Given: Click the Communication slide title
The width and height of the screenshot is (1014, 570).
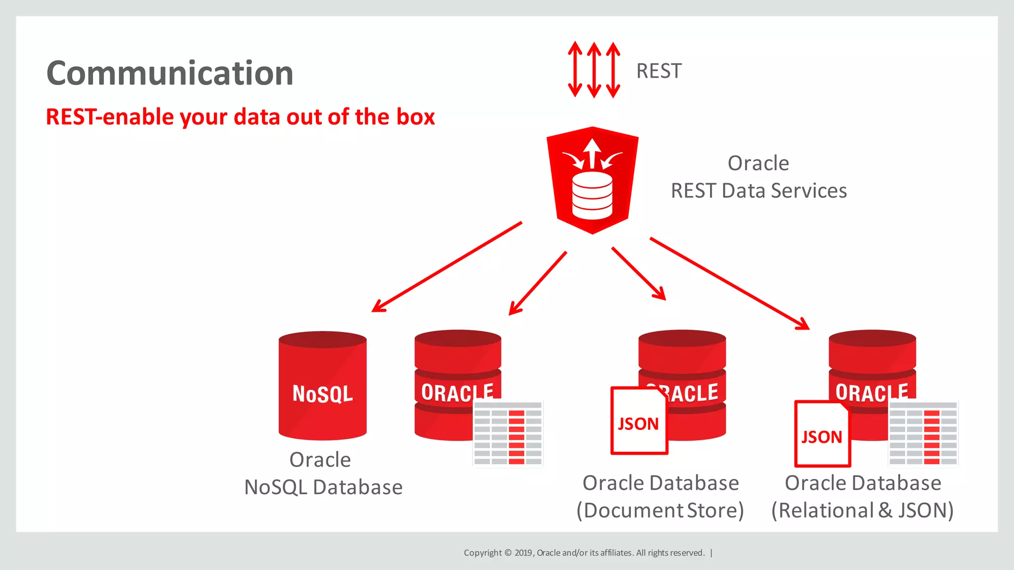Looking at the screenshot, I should pyautogui.click(x=170, y=73).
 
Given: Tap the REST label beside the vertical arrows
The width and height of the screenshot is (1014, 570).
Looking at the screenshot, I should pyautogui.click(x=659, y=71).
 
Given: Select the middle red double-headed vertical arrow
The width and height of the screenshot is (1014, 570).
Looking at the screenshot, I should pyautogui.click(x=594, y=70).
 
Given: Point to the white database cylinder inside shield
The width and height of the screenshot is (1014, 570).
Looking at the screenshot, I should pyautogui.click(x=592, y=196).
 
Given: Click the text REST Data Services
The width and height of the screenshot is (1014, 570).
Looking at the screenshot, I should pyautogui.click(x=759, y=191).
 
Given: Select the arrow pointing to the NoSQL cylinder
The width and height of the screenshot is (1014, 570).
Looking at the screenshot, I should pyautogui.click(x=446, y=267).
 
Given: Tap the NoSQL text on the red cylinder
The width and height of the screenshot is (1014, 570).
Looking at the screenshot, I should pyautogui.click(x=322, y=394).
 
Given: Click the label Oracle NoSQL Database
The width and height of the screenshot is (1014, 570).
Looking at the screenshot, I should pyautogui.click(x=323, y=474).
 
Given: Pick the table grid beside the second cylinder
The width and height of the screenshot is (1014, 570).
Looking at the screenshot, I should pyautogui.click(x=507, y=433).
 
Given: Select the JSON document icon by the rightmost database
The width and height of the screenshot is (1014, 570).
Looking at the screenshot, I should pyautogui.click(x=822, y=434).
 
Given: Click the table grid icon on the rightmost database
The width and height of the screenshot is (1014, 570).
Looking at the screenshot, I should pyautogui.click(x=923, y=433).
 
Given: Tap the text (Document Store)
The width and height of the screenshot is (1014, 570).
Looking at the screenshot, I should pyautogui.click(x=660, y=511).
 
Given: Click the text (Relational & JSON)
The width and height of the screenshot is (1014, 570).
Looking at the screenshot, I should pyautogui.click(x=862, y=511).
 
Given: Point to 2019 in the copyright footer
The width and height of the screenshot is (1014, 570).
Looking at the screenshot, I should pyautogui.click(x=523, y=553).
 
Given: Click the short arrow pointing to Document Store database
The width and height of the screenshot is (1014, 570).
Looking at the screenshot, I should pyautogui.click(x=639, y=274).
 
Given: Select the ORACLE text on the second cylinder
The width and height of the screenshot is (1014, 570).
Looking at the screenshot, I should pyautogui.click(x=456, y=393).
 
